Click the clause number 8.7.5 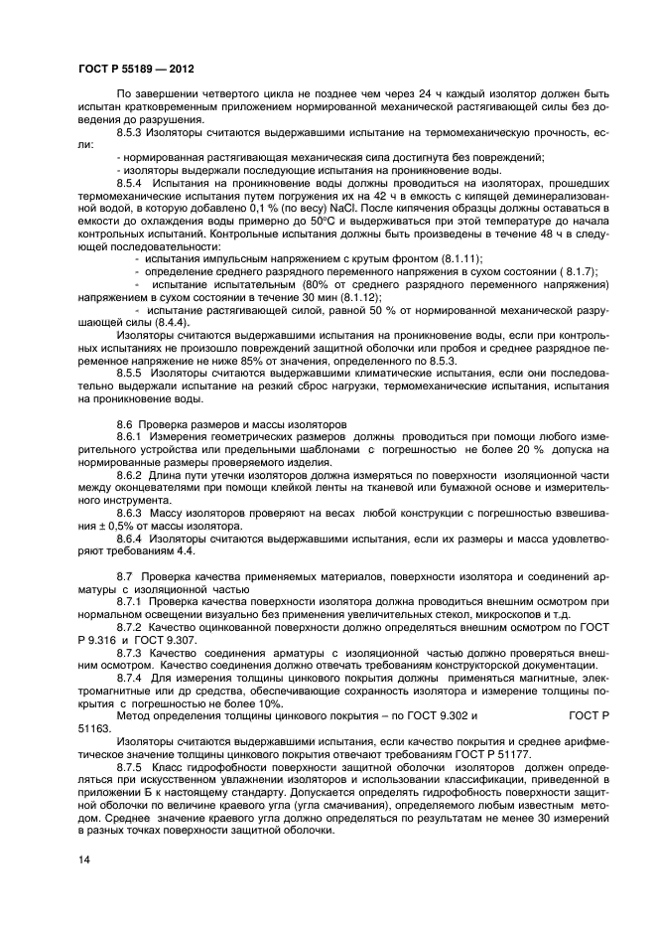pyautogui.click(x=133, y=766)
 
